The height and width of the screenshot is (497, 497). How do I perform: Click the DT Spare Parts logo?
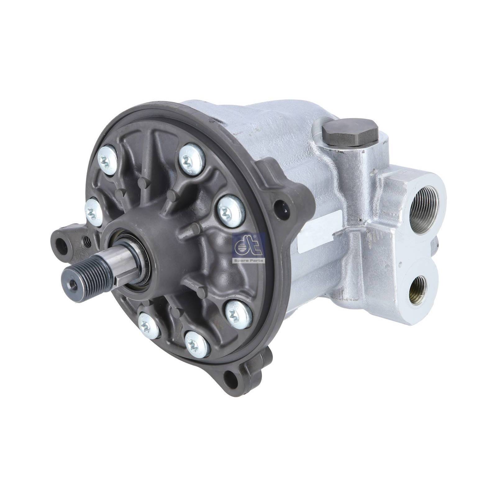248,248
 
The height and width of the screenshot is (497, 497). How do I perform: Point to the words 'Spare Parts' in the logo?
248,260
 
